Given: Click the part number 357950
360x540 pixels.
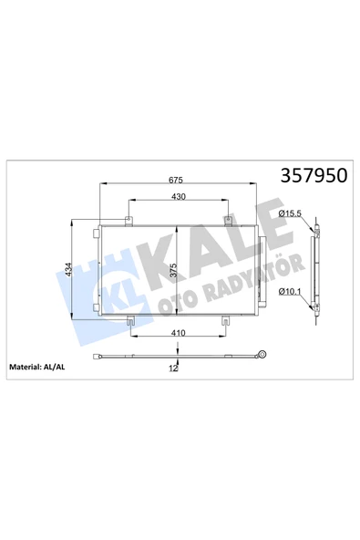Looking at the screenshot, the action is click(x=314, y=176).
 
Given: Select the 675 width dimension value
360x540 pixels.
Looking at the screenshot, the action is click(x=176, y=180).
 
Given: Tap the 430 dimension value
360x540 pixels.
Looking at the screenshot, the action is click(x=179, y=196).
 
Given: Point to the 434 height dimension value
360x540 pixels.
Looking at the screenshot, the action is click(x=68, y=270).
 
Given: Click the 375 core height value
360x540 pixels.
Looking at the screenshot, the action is click(x=173, y=270).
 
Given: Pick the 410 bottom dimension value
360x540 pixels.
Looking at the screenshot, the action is click(x=178, y=333).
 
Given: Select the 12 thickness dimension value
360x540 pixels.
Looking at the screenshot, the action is click(x=173, y=369).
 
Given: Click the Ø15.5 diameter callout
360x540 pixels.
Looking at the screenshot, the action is click(x=290, y=213).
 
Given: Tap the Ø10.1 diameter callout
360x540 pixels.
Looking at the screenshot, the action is click(x=290, y=292).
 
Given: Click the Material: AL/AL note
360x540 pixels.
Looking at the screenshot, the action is click(x=36, y=367).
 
